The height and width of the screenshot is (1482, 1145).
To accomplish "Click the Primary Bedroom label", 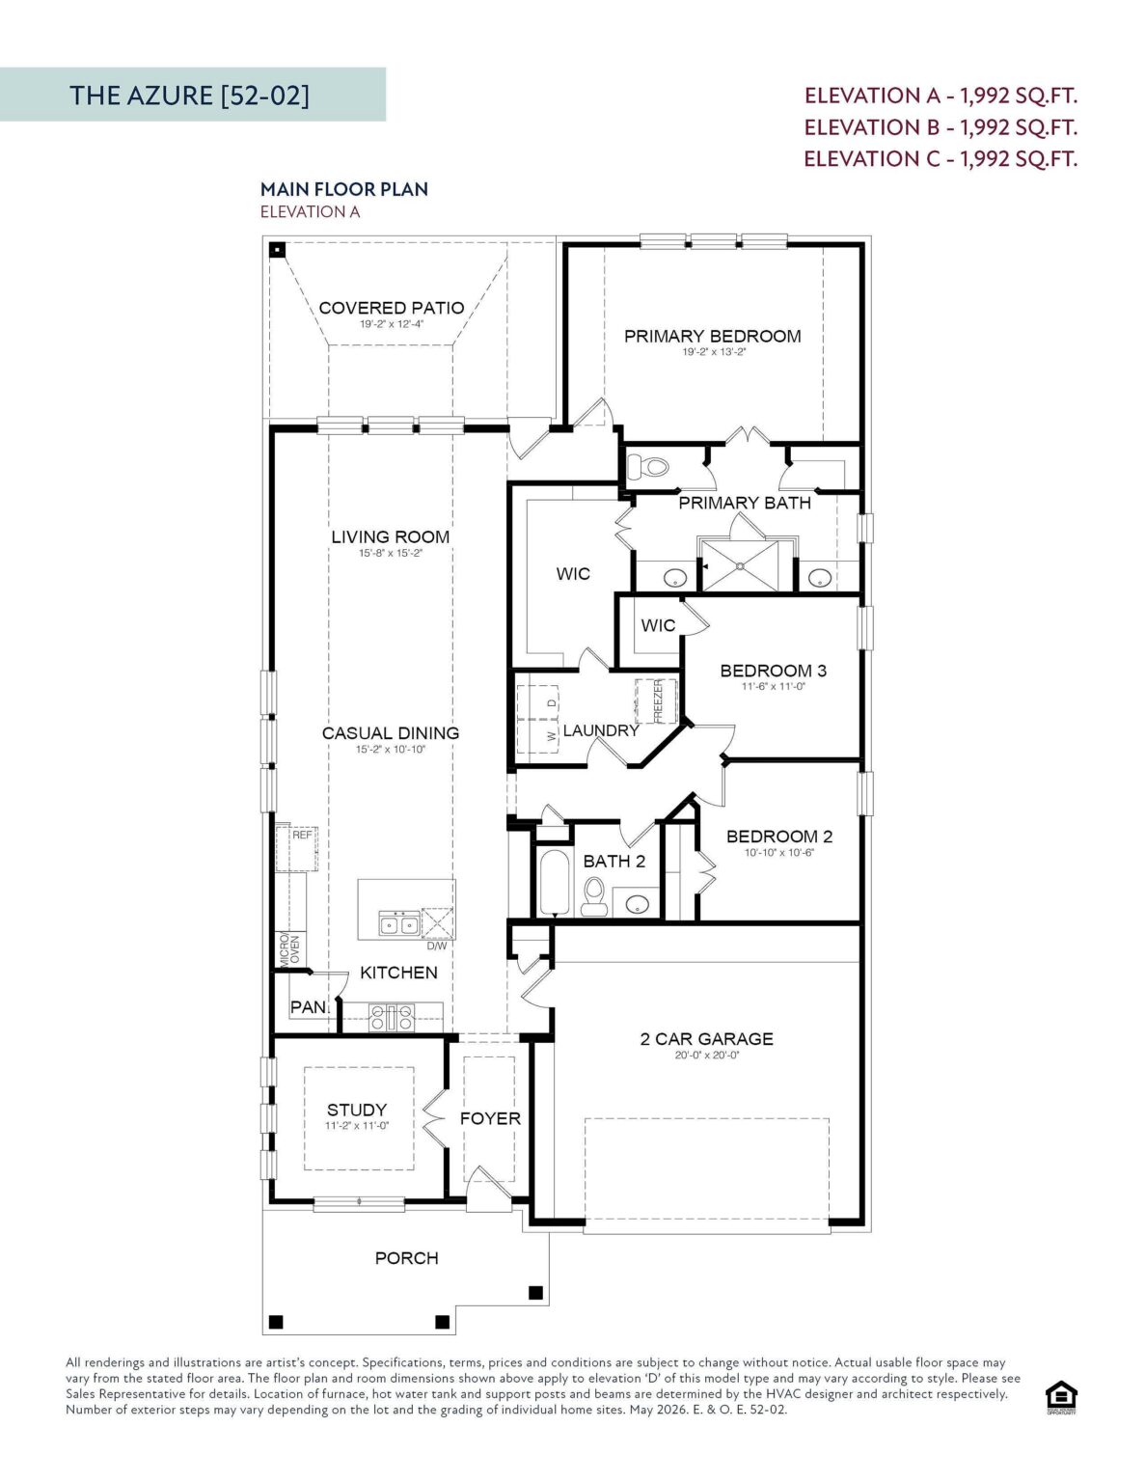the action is pos(712,336).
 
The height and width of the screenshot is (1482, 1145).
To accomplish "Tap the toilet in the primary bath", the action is pos(648,467).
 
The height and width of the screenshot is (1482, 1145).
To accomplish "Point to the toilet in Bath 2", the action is pos(595,897).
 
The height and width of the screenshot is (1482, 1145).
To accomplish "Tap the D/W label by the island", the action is pos(437,946).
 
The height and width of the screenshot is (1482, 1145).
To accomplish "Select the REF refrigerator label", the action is pos(302,834).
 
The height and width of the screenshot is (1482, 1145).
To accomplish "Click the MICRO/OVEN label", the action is pos(290,949).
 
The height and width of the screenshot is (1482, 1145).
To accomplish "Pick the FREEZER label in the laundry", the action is pos(659,701).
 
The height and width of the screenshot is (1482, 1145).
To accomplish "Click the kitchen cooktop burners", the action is pos(392,1018).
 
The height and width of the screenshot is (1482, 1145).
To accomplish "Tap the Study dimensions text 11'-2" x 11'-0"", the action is pos(357,1126).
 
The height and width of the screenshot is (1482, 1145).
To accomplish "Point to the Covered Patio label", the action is pos(392,308).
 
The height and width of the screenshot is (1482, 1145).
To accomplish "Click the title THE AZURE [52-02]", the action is pos(189,96).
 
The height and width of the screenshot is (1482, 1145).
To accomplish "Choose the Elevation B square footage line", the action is pos(941,127).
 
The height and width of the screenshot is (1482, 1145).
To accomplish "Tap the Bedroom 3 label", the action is pos(773,671).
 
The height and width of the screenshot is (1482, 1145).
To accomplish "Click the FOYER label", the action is pos(490,1118).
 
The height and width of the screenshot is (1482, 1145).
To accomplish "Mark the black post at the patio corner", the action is pos(277,250).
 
